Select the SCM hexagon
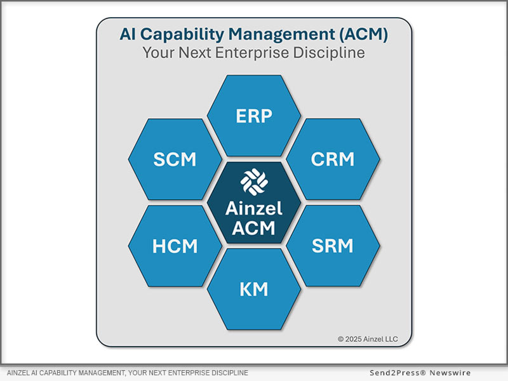tap(175, 159)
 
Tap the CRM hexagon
tap(333, 159)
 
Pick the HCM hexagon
tap(175, 246)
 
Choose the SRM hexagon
tap(333, 246)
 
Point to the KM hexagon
tap(254, 290)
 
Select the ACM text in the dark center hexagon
tap(254, 227)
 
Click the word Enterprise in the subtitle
tap(264, 53)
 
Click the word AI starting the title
tap(128, 34)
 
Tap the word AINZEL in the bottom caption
tap(21, 373)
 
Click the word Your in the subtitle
tap(157, 53)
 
